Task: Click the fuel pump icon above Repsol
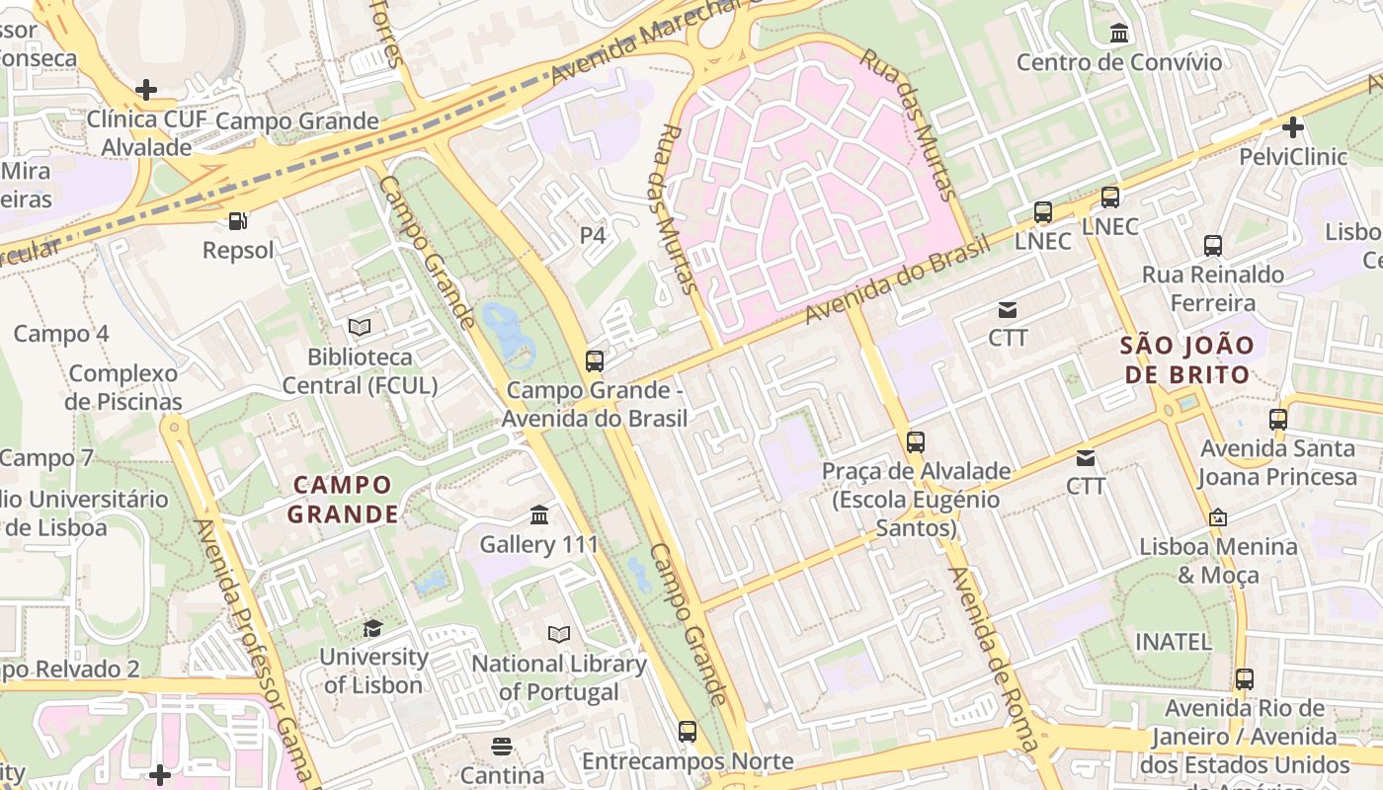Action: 237,221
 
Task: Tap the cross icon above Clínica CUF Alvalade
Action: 146,91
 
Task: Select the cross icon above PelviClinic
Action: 1292,127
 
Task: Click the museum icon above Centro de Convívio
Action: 1119,34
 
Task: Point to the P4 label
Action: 592,235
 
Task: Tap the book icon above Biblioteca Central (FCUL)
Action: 360,327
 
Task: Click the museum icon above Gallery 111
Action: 539,514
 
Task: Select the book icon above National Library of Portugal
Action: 559,634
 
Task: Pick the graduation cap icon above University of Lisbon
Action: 372,628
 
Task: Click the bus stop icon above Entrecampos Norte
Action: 688,732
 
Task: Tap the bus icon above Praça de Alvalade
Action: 916,441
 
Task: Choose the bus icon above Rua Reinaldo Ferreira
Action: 1213,245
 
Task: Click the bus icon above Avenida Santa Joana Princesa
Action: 1278,419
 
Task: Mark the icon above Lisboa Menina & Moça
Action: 1218,516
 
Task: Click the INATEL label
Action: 1173,641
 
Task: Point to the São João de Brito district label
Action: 1186,360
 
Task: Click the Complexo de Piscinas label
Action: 123,387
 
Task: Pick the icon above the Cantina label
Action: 502,746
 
